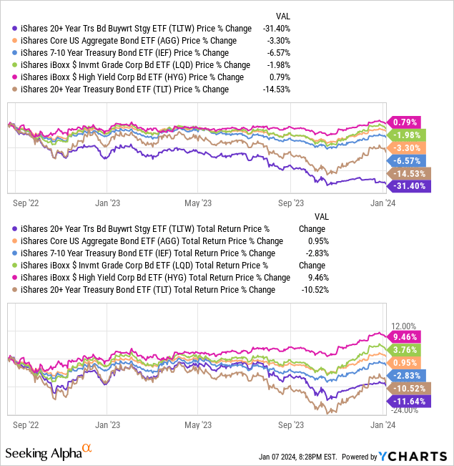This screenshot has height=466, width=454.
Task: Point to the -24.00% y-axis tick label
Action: [x=402, y=410]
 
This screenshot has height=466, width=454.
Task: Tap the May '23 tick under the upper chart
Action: [x=197, y=203]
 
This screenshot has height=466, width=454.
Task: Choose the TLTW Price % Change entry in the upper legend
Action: [x=133, y=28]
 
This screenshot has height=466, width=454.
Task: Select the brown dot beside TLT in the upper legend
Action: [x=16, y=89]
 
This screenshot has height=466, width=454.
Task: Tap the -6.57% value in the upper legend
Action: [x=289, y=52]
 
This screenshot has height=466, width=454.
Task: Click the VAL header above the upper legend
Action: [x=283, y=15]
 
